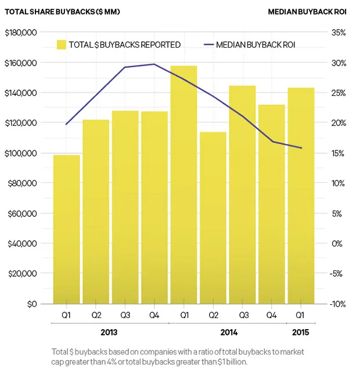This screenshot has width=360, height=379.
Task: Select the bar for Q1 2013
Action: [66, 229]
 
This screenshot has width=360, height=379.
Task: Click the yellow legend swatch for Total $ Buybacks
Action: [61, 45]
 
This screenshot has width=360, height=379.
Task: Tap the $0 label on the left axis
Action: [29, 304]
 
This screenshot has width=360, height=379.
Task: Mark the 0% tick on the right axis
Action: [340, 243]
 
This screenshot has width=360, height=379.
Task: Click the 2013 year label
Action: [109, 333]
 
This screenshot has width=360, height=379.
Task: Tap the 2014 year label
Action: [229, 333]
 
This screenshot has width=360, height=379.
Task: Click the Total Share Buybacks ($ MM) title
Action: [62, 12]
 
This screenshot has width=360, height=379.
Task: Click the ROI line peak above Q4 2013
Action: [154, 64]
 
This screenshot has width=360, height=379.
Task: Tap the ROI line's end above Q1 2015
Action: [301, 148]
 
